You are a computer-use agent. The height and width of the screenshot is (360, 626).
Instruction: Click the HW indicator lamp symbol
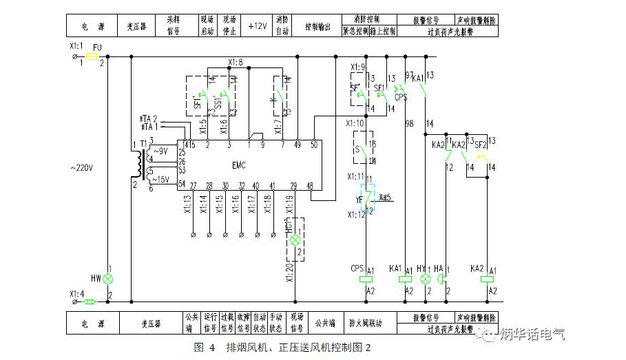(107, 279)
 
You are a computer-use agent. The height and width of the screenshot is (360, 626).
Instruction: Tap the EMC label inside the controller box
(237, 165)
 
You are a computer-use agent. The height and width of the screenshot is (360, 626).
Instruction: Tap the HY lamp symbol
(425, 279)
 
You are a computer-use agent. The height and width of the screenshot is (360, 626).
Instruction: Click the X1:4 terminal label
(78, 293)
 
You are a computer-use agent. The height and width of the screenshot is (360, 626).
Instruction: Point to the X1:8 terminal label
(236, 63)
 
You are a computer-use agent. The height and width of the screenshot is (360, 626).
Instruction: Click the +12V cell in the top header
(257, 26)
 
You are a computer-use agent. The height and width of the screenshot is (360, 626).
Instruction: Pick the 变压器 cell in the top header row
(136, 26)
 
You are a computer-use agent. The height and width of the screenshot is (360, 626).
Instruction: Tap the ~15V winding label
(160, 179)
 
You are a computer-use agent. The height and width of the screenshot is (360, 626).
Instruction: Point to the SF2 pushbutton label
(480, 145)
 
